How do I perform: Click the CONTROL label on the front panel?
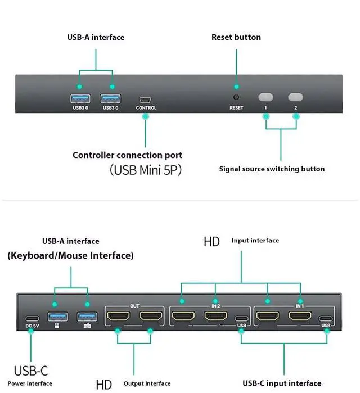[146, 108]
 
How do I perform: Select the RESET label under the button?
[236, 108]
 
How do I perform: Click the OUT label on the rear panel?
[134, 306]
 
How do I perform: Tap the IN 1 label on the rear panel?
[300, 306]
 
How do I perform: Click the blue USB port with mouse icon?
[56, 317]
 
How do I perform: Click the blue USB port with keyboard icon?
[86, 317]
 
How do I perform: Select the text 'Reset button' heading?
[236, 37]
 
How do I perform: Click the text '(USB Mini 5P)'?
[145, 169]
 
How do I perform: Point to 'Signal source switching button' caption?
[272, 169]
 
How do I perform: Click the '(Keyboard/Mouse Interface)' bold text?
[70, 255]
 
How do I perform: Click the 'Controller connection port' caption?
[127, 155]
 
